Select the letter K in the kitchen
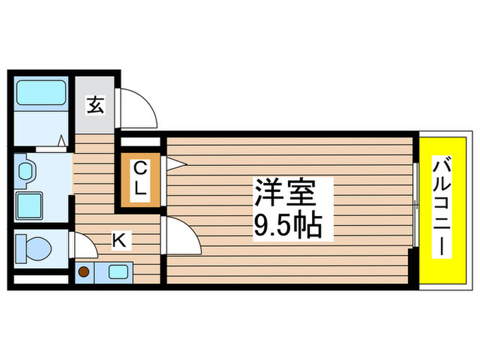(x=119, y=240)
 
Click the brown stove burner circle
(x=84, y=272)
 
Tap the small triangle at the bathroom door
(x=61, y=141)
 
